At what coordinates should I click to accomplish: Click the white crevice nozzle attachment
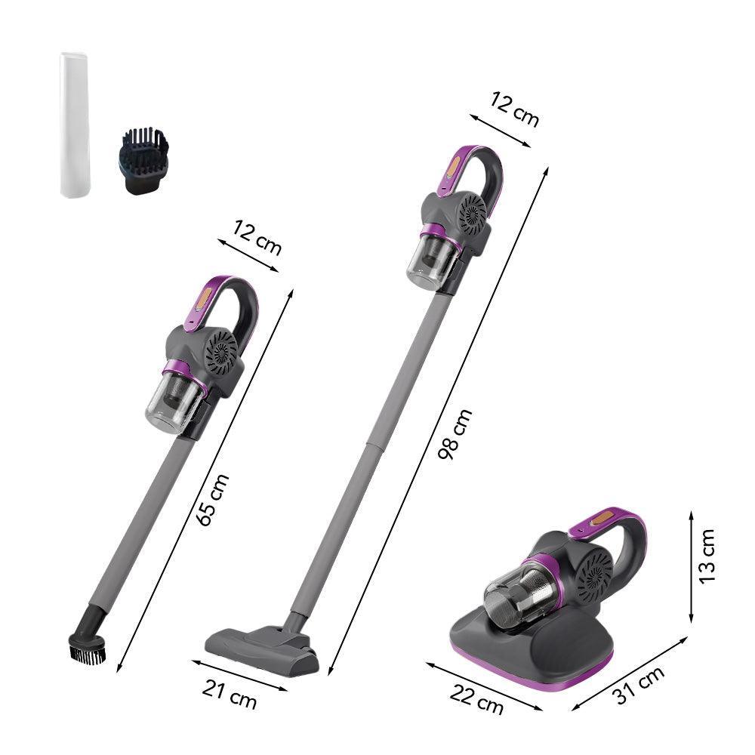point(75,125)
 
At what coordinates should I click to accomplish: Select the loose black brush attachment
point(143,160)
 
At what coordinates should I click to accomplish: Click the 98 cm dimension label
point(455,434)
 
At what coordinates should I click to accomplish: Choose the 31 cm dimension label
point(638,686)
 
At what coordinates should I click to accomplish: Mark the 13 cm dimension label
point(707,556)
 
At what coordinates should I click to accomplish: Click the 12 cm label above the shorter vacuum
point(257,237)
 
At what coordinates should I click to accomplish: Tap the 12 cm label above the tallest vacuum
point(514,109)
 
